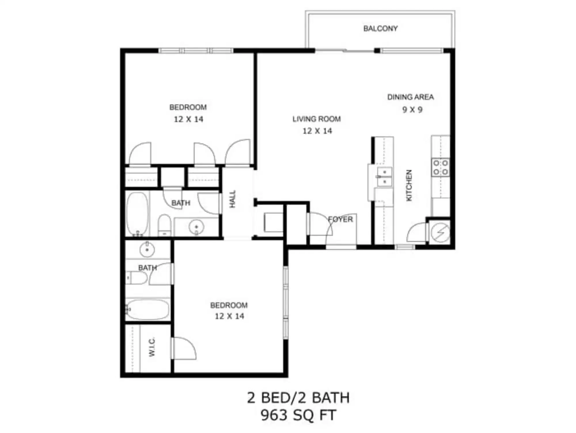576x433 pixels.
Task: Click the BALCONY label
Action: (380, 29)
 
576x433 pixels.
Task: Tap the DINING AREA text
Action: (410, 97)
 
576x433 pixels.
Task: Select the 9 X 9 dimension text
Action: (412, 110)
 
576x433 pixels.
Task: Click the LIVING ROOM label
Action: (317, 119)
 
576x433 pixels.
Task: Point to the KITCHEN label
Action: (409, 185)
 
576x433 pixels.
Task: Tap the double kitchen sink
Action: (384, 177)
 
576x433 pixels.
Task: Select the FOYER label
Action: (340, 219)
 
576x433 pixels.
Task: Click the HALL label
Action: (233, 199)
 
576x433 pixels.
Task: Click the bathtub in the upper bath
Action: (137, 213)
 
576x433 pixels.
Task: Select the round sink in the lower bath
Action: (147, 250)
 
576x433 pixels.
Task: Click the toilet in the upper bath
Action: (165, 225)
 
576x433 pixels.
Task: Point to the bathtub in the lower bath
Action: (147, 310)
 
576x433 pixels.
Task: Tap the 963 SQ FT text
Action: (298, 415)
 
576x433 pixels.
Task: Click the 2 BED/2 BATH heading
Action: (298, 398)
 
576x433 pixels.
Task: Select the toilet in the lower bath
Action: (137, 278)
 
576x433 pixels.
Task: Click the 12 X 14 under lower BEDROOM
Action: (229, 316)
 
